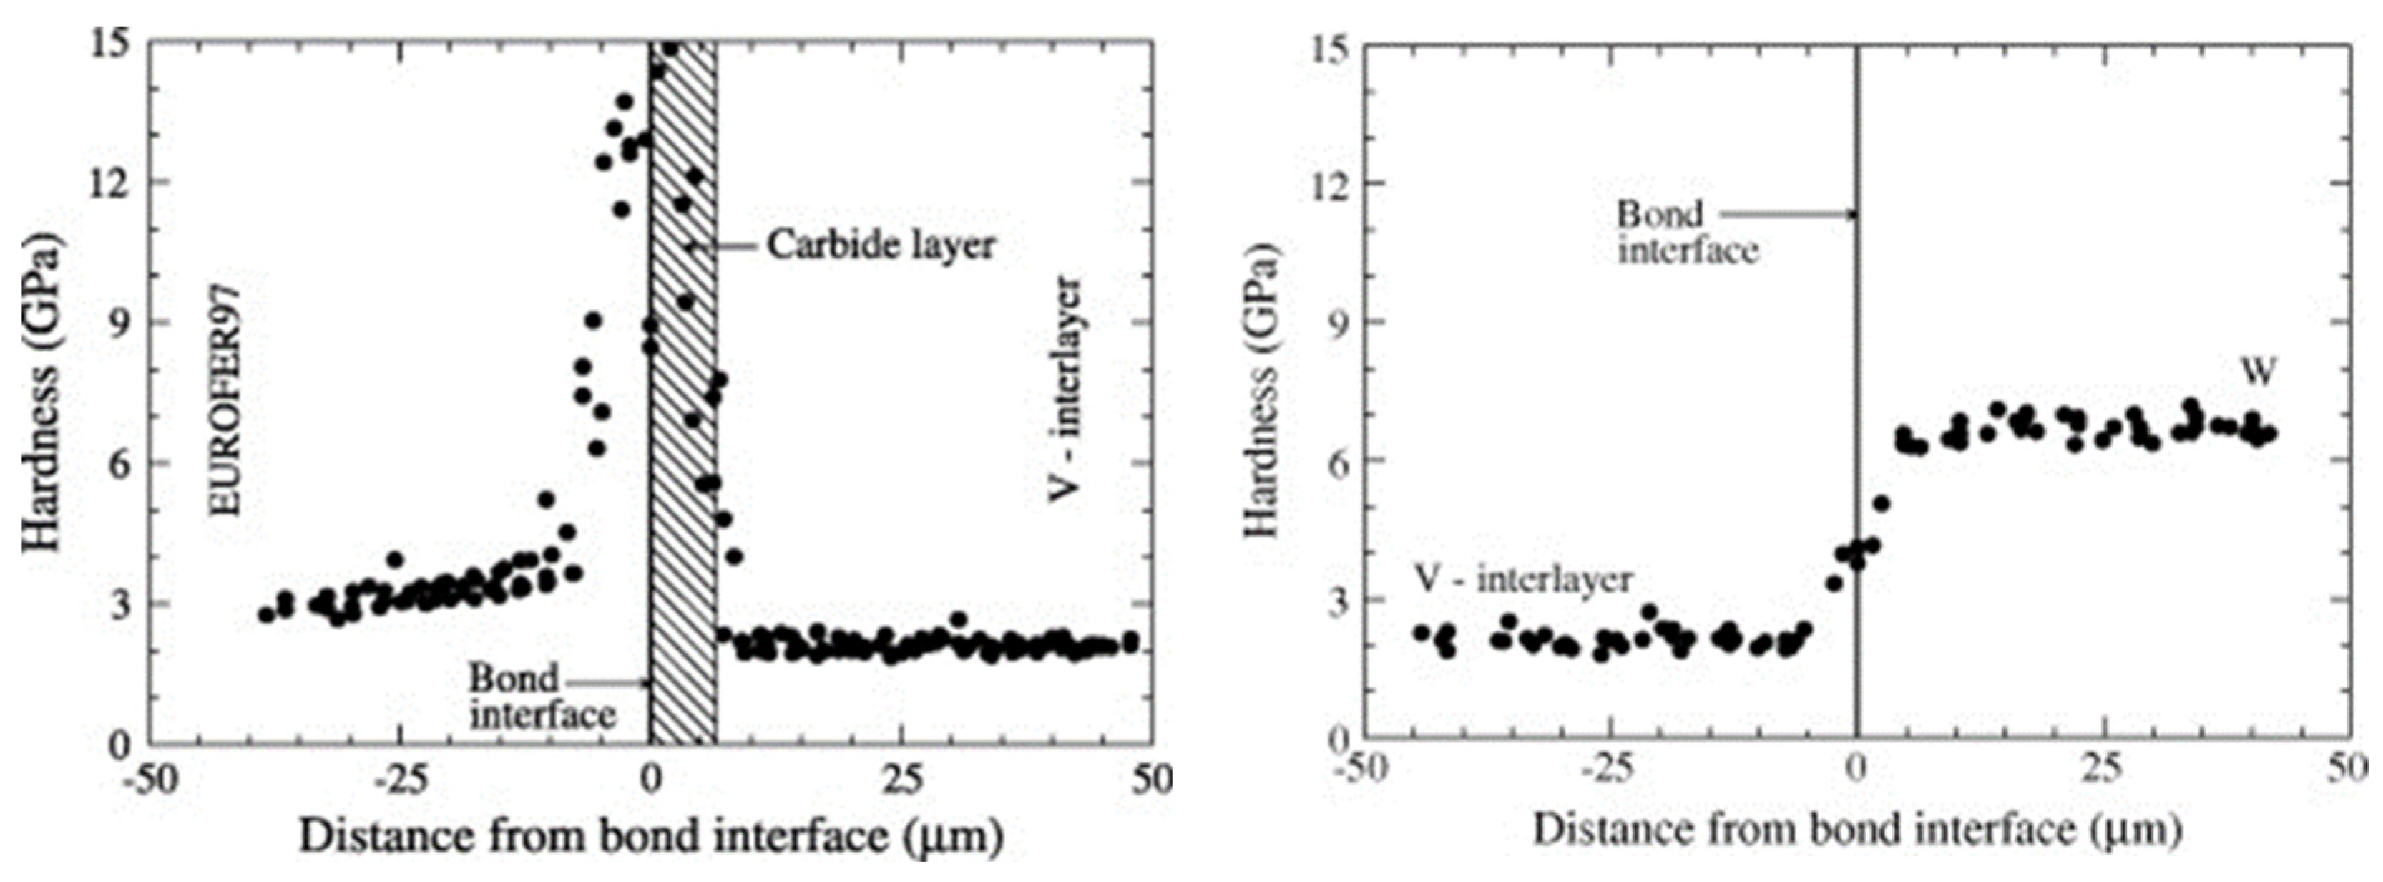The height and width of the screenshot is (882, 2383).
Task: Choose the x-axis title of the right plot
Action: pyautogui.click(x=1856, y=830)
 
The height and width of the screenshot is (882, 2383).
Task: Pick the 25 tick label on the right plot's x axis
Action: pyautogui.click(x=2102, y=769)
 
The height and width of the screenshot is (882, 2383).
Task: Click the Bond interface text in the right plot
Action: pyautogui.click(x=1685, y=232)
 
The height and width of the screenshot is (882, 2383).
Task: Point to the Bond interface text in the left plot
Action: pyautogui.click(x=541, y=696)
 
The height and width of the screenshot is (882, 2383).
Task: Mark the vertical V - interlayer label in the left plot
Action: pyautogui.click(x=1066, y=389)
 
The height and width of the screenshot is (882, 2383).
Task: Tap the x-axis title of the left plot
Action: pyautogui.click(x=650, y=837)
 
